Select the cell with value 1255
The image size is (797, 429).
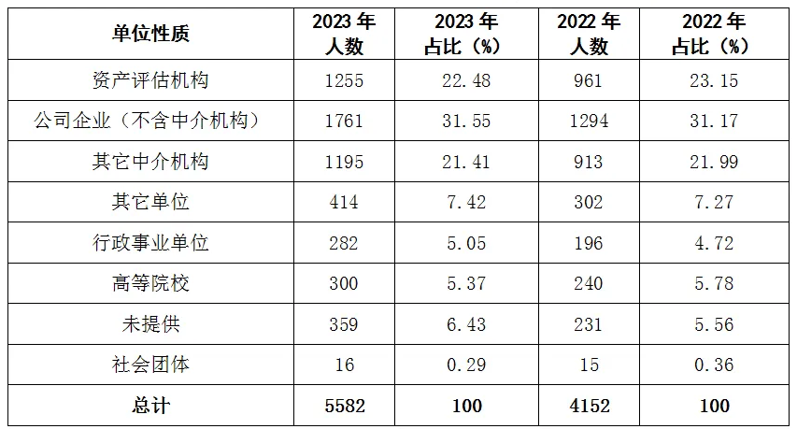coord(344,80)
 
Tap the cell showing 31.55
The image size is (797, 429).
coord(467,121)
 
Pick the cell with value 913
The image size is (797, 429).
coord(589,162)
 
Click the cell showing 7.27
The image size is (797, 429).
coord(712,202)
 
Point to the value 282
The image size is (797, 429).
coord(344,243)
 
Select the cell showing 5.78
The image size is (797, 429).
coord(712,283)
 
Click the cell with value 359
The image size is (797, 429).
coord(344,324)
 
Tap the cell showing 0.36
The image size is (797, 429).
coord(712,365)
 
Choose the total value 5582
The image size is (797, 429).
coord(344,406)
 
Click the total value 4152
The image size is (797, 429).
coord(589,406)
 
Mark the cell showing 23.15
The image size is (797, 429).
coord(712,80)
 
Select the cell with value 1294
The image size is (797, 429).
coord(589,121)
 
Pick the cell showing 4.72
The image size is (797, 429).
coord(712,243)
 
